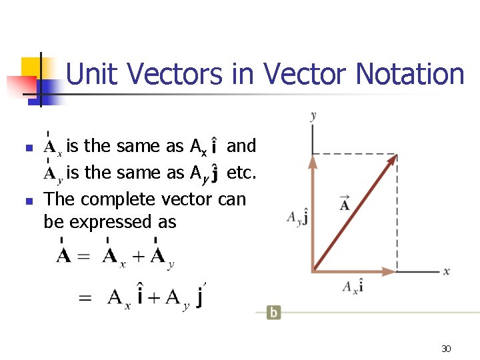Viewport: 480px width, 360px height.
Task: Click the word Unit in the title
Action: coord(90,74)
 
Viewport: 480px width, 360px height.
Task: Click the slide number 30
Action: coord(446,349)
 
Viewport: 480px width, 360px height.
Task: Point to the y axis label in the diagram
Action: coord(313,116)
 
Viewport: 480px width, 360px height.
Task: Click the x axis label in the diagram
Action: coord(446,271)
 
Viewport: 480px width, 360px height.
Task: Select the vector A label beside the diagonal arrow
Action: coord(344,204)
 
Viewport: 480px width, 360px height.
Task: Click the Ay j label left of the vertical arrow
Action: coord(297,218)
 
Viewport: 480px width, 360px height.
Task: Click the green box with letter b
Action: coord(273,312)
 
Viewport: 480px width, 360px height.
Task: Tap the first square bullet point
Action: coord(27,147)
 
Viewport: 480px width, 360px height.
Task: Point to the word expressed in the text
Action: coord(113,222)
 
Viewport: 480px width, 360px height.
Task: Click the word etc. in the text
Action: coord(241,173)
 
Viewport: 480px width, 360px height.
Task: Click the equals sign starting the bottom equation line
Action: coord(85,298)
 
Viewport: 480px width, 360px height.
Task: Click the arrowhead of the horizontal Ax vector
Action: coord(392,271)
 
